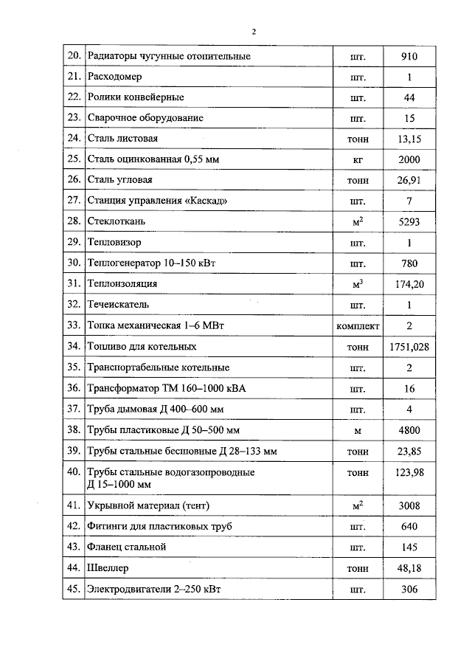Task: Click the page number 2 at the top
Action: [x=253, y=32]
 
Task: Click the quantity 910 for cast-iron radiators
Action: [x=409, y=56]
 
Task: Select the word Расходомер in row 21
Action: [x=114, y=77]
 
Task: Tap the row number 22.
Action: [x=73, y=97]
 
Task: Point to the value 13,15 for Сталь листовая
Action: [x=409, y=138]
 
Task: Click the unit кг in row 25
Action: [x=358, y=159]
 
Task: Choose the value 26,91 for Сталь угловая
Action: [x=409, y=179]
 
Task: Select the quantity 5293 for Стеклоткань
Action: [x=409, y=221]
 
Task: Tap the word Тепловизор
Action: [x=114, y=241]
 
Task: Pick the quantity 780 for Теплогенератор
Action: [x=409, y=263]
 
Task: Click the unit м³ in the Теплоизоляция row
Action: [x=358, y=283]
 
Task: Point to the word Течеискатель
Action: [x=118, y=304]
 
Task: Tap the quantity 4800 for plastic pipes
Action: [x=409, y=429]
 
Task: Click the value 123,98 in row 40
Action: [x=409, y=472]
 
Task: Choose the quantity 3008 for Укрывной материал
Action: [x=409, y=505]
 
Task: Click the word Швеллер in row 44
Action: [x=108, y=568]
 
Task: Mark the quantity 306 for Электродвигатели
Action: [x=409, y=589]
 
